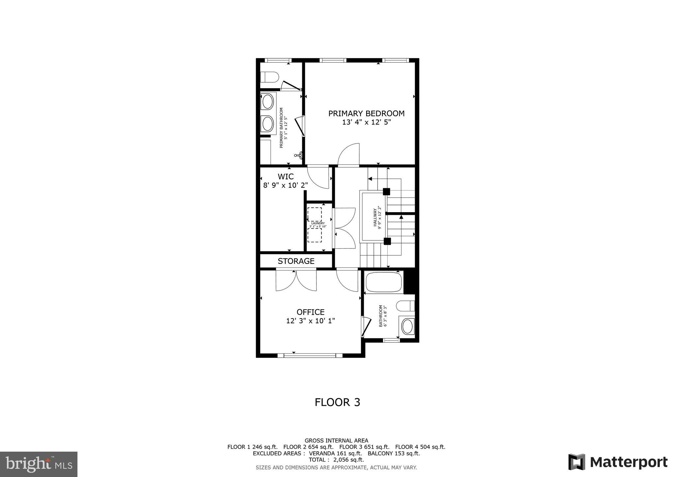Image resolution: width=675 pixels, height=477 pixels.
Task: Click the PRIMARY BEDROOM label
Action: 366,113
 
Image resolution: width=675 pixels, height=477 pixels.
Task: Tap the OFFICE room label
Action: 310,312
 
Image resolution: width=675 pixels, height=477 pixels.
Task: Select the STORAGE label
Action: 296,261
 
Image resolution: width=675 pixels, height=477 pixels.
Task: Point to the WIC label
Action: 285,177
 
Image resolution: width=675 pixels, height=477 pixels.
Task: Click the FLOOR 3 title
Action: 337,402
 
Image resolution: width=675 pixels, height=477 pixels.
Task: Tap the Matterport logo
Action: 618,462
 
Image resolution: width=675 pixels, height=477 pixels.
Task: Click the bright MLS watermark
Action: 39,464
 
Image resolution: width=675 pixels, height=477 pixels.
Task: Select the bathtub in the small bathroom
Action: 384,282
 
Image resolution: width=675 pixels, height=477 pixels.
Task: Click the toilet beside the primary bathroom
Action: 269,77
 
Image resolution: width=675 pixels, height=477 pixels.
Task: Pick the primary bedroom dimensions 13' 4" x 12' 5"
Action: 366,123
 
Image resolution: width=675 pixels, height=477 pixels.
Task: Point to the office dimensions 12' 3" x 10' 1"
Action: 310,321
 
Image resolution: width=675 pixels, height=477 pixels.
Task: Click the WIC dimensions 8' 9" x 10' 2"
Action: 285,185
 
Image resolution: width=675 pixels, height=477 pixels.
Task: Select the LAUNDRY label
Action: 318,223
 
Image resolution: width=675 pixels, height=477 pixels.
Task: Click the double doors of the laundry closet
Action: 345,228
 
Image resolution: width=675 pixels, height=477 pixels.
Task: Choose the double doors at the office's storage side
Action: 296,280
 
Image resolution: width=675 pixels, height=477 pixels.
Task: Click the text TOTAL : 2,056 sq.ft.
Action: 336,460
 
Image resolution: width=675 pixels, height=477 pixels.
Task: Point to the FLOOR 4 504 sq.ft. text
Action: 420,447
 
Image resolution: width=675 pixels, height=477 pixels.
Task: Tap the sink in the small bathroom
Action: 408,326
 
